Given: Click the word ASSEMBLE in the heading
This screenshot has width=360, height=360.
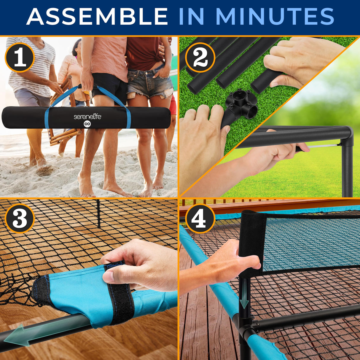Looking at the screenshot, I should tap(97, 16).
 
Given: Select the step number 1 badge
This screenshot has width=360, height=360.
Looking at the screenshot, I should tap(20, 58).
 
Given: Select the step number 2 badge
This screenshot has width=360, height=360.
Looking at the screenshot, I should tap(200, 58).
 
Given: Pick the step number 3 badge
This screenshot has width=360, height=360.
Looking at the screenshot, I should tap(20, 219).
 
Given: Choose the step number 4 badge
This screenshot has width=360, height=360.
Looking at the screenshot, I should tap(200, 219).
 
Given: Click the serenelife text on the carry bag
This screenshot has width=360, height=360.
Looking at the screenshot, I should tap(87, 117).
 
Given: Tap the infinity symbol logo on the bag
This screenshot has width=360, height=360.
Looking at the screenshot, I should tap(87, 124).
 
